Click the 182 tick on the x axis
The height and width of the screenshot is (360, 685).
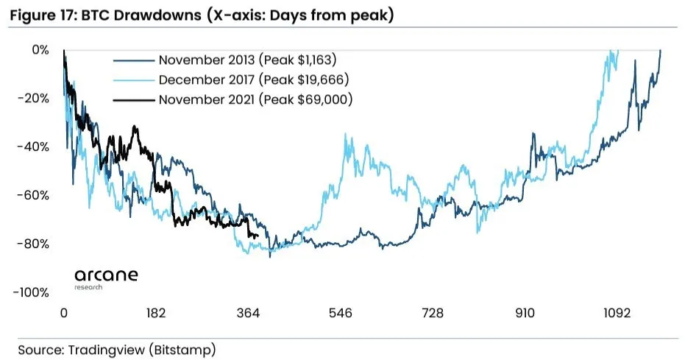coord(156,314)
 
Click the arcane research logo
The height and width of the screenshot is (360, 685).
coord(106,278)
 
